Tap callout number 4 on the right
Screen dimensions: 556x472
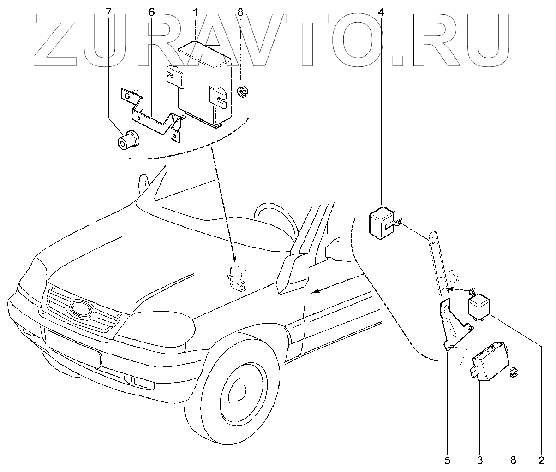[x=381, y=12]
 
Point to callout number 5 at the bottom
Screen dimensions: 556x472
[x=447, y=460]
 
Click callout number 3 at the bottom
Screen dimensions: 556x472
[x=480, y=460]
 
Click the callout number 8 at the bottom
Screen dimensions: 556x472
[x=513, y=460]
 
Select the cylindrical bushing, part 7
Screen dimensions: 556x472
[x=127, y=140]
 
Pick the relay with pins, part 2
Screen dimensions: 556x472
[x=480, y=307]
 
